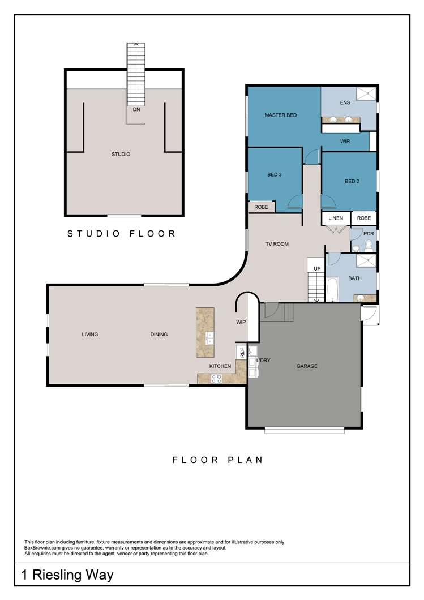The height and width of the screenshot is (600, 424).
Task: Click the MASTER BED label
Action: tap(281, 115)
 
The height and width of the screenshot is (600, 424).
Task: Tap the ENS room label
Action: tap(345, 103)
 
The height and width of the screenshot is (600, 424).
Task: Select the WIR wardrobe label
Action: tap(345, 142)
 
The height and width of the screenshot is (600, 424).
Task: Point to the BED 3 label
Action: tap(275, 175)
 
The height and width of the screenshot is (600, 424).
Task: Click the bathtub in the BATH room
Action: tap(332, 289)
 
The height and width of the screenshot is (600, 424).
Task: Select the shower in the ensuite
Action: tap(366, 94)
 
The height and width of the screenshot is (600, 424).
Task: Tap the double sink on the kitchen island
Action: tap(209, 339)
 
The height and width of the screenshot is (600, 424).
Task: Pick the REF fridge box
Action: tap(242, 352)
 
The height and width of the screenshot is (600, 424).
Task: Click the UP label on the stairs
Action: tap(317, 268)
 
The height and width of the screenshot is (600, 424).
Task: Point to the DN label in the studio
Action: tap(136, 110)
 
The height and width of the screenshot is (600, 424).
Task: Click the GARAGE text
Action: tap(307, 366)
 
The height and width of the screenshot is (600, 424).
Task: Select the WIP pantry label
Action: tap(241, 322)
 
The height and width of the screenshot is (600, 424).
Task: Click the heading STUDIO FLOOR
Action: tap(122, 233)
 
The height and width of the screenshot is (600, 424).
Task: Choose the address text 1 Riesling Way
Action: tap(67, 576)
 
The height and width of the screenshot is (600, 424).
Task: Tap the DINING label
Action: tap(159, 335)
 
